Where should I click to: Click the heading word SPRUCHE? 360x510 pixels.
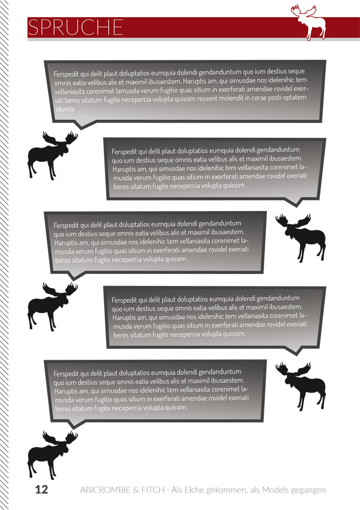tap(75, 27)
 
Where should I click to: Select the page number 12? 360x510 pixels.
tap(42, 489)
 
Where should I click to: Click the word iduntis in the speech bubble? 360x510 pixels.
tap(65, 109)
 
